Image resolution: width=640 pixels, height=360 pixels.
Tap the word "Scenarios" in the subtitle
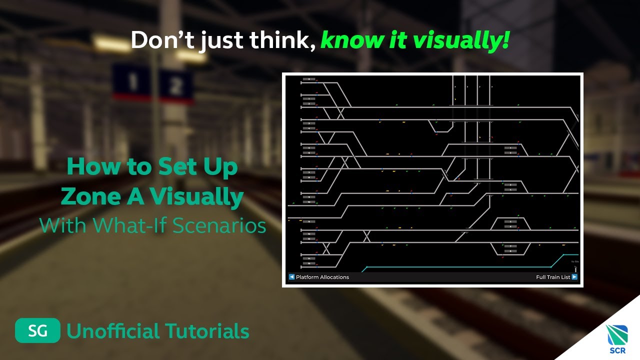click(219, 225)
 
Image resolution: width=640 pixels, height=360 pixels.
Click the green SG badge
click(37, 330)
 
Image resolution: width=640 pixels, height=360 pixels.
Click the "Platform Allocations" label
click(322, 277)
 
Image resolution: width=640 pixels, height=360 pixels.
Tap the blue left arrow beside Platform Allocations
click(291, 277)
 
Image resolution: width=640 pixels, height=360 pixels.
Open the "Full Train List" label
click(553, 277)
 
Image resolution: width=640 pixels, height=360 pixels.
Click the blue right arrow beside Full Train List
click(574, 277)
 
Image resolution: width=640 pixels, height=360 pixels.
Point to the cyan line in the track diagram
click(455, 267)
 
